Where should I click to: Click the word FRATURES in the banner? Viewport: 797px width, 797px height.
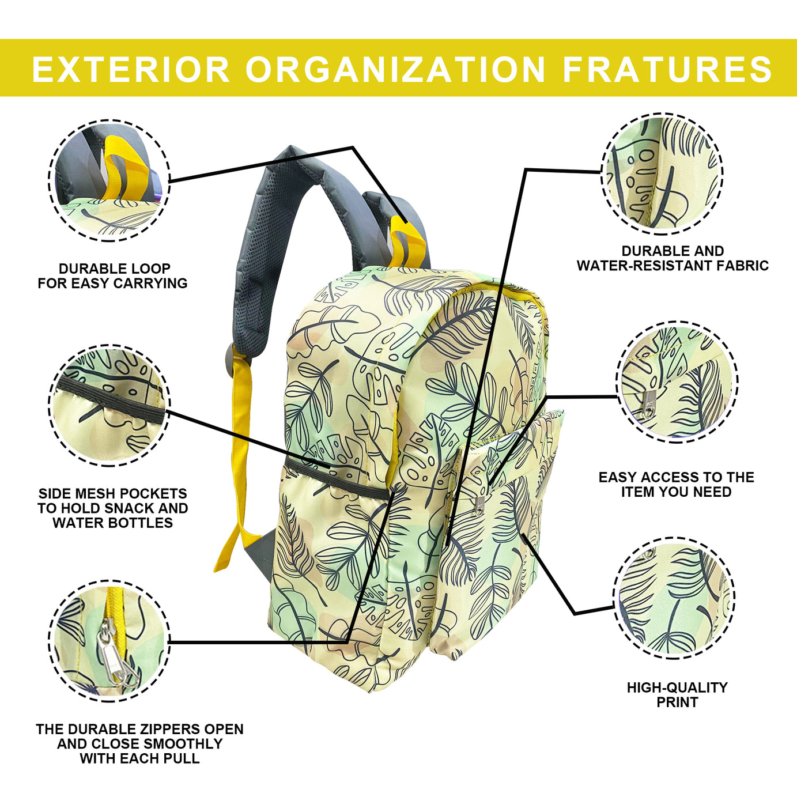click(667, 69)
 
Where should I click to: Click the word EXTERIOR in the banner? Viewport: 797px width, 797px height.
click(131, 69)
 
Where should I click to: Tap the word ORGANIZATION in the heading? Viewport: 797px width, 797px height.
click(395, 69)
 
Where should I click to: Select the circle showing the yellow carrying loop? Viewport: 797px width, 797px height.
click(109, 180)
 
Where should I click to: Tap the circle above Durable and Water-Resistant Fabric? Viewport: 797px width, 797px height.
click(662, 173)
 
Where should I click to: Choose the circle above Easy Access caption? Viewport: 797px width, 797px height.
click(677, 381)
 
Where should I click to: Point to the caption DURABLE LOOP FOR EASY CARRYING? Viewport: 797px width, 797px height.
click(112, 276)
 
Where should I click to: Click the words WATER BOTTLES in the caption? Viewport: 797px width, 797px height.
click(112, 523)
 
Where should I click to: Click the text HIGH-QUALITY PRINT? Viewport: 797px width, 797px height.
click(677, 694)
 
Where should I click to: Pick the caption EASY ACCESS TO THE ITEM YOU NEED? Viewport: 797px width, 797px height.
click(676, 485)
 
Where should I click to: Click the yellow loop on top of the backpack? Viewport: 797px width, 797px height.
click(406, 242)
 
